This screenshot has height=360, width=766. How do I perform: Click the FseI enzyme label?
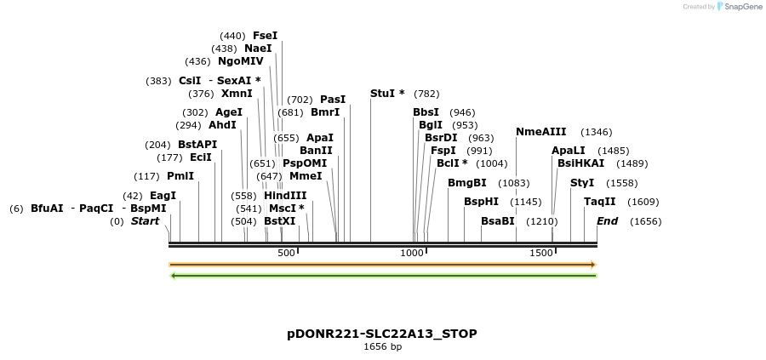coord(265,36)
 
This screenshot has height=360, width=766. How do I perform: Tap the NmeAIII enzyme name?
coord(540,132)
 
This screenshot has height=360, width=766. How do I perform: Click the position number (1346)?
coord(596,132)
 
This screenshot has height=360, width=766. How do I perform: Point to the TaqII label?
coord(599,202)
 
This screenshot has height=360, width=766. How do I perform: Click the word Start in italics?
coord(145,221)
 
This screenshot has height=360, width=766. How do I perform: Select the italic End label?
coord(607,221)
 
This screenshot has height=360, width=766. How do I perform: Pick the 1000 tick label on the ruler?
coord(413,253)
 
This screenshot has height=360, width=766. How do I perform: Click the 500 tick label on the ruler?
coord(286,253)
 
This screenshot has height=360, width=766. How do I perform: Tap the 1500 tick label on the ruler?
coord(541,253)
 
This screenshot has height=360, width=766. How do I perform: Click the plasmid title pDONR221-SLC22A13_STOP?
coord(382,333)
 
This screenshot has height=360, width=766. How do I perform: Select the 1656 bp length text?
coord(382,346)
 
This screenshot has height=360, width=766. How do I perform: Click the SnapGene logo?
coord(740,6)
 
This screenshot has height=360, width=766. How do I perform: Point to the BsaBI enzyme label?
coord(498,221)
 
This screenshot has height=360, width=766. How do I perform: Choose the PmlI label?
coord(180,176)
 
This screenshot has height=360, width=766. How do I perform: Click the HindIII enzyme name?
coord(285,196)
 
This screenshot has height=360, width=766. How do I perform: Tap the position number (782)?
coord(426,93)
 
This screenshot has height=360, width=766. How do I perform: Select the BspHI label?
coord(481,202)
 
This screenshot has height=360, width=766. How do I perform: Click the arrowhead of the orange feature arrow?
coord(593,265)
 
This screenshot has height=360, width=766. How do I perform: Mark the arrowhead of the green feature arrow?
coord(174,275)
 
